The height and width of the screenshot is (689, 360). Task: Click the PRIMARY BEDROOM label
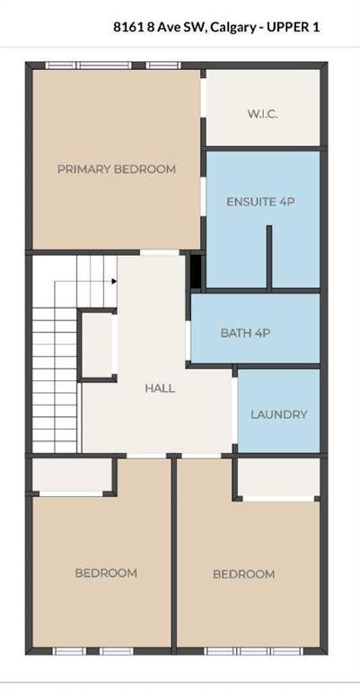pos(117,170)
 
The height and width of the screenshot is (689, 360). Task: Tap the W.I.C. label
pos(262,114)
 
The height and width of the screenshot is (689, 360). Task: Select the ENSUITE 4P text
pos(260,202)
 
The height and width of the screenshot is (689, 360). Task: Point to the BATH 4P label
pos(245,333)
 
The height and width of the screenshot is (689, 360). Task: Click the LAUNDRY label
pos(278,414)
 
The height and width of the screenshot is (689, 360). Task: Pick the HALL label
pos(160,388)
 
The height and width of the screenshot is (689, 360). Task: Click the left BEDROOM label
pos(106,573)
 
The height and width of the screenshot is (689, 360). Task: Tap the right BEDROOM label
pos(244,574)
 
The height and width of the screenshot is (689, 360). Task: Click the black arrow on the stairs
pos(114,281)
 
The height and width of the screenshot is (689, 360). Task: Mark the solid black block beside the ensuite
pos(196,272)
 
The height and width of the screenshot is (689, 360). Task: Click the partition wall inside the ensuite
pos(269,257)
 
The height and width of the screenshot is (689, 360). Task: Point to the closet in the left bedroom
pos(73,475)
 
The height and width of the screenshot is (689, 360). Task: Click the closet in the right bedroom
pos(278,477)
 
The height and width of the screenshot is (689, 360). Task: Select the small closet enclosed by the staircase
pos(97,344)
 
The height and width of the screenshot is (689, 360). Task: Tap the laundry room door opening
pos(234,410)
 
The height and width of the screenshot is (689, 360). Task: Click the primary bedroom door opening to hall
pos(160,253)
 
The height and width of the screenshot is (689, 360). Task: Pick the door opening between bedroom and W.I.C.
pos(204,98)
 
